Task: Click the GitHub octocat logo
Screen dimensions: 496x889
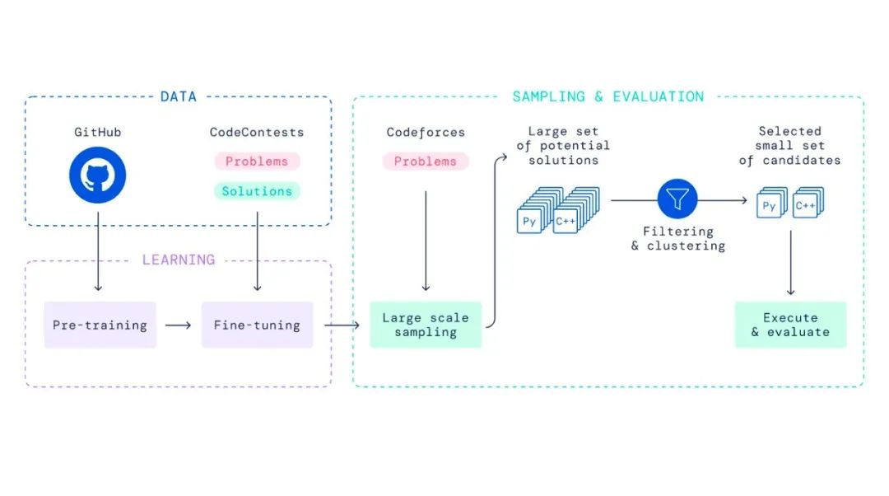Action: pyautogui.click(x=98, y=175)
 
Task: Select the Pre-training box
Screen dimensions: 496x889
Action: pyautogui.click(x=100, y=325)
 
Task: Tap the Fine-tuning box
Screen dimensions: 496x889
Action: pyautogui.click(x=257, y=325)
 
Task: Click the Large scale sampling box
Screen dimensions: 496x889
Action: pyautogui.click(x=425, y=325)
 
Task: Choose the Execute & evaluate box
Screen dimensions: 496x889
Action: pyautogui.click(x=790, y=325)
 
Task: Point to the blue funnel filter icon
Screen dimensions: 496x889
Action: pyautogui.click(x=677, y=198)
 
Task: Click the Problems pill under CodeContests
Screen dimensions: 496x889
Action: pyautogui.click(x=257, y=161)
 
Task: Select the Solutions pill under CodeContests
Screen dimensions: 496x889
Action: pyautogui.click(x=257, y=191)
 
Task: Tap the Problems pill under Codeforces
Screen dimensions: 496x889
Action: pyautogui.click(x=425, y=161)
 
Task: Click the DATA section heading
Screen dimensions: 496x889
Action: pyautogui.click(x=179, y=96)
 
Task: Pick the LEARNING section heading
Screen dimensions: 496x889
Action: pyautogui.click(x=179, y=260)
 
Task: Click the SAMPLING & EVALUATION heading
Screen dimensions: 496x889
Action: pyautogui.click(x=608, y=96)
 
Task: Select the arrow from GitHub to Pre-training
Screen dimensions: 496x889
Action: pyautogui.click(x=98, y=251)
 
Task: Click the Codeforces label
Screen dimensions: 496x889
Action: pyautogui.click(x=425, y=132)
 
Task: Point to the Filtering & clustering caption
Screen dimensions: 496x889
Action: pyautogui.click(x=677, y=239)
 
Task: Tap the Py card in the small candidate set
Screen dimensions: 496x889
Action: pyautogui.click(x=768, y=207)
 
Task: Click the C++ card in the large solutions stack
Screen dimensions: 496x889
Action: pyautogui.click(x=566, y=221)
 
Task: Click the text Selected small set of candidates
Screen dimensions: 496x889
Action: pyautogui.click(x=790, y=146)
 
